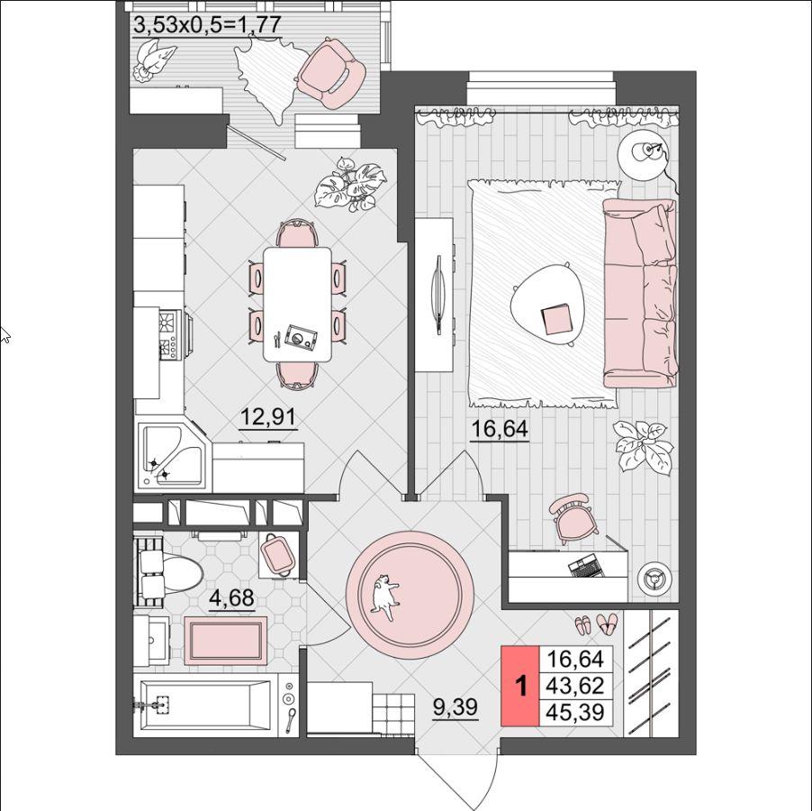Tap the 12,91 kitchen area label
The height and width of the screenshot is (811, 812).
268,416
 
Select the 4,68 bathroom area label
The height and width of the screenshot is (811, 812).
231,598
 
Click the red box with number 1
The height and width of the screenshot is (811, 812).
520,686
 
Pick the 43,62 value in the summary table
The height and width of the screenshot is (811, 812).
575,686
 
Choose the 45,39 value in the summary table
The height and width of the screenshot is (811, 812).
575,712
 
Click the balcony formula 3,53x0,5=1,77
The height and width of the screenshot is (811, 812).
207,25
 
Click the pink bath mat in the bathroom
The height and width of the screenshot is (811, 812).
226,641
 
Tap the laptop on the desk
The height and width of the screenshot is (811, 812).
586,565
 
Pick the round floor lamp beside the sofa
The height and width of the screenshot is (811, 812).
644,154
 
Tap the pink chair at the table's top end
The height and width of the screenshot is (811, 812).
297,233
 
